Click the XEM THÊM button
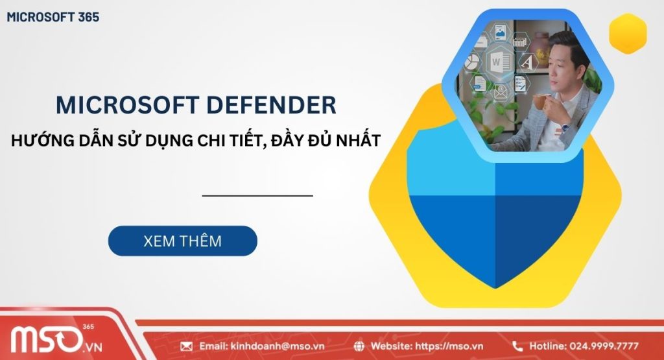(x=182, y=241)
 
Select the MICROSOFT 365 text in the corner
(x=53, y=18)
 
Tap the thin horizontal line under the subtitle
(x=257, y=195)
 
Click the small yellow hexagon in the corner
(x=628, y=34)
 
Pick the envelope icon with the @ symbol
(x=500, y=93)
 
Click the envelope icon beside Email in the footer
(x=187, y=346)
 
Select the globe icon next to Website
(x=360, y=346)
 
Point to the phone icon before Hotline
(x=517, y=346)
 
